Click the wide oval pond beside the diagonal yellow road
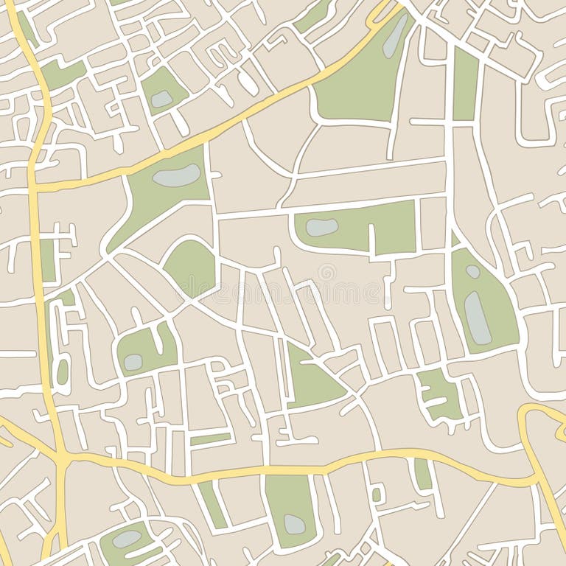coord(176,175)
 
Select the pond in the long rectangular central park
coord(321,228)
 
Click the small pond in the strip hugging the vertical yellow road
coord(63,371)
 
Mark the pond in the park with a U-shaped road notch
coord(133,361)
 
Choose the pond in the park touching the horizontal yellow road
coord(294,524)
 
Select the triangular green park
coord(310,380)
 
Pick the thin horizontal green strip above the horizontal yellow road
coord(211,439)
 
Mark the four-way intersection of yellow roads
coord(62,460)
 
